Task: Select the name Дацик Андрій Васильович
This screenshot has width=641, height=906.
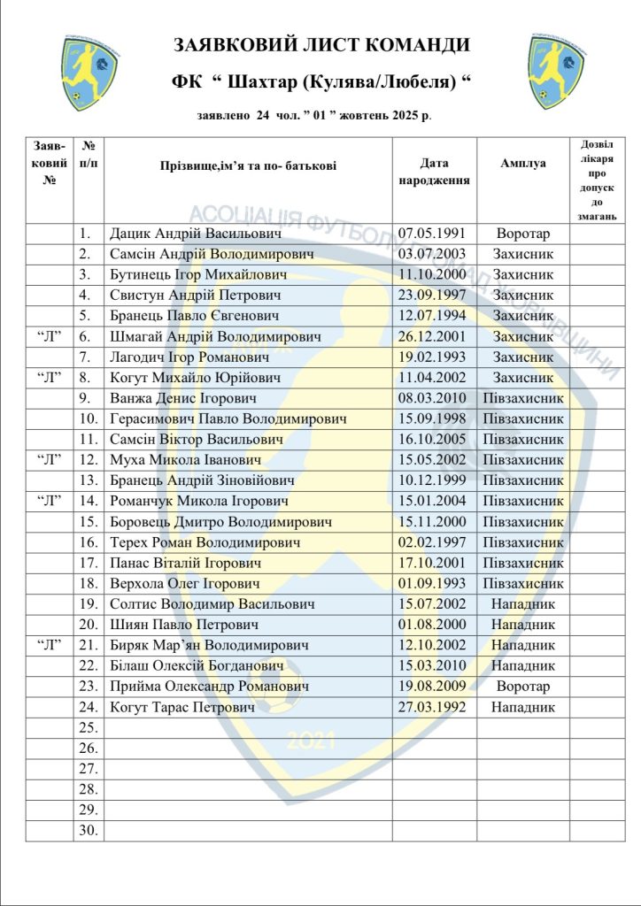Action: tap(196, 234)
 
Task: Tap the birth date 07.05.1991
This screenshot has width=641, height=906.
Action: tap(434, 234)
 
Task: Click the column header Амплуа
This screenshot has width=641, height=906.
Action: tap(522, 163)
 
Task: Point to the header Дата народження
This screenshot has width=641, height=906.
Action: tap(434, 172)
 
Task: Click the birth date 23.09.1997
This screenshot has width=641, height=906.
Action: tap(434, 295)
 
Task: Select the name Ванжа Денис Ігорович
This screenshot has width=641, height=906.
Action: tap(183, 398)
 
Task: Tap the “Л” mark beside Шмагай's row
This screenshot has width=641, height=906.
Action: tap(49, 336)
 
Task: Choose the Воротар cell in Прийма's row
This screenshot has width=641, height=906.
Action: tap(522, 686)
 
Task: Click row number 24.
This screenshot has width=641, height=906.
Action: tap(88, 706)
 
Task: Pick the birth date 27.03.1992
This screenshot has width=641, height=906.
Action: tap(434, 706)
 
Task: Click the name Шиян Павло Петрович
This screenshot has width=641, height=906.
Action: tap(175, 624)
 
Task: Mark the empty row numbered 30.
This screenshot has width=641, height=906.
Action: tap(88, 830)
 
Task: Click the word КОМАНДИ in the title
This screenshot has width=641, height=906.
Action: tap(413, 45)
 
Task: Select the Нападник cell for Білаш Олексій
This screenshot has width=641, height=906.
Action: tap(522, 665)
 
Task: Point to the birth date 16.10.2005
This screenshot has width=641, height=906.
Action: tap(434, 439)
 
